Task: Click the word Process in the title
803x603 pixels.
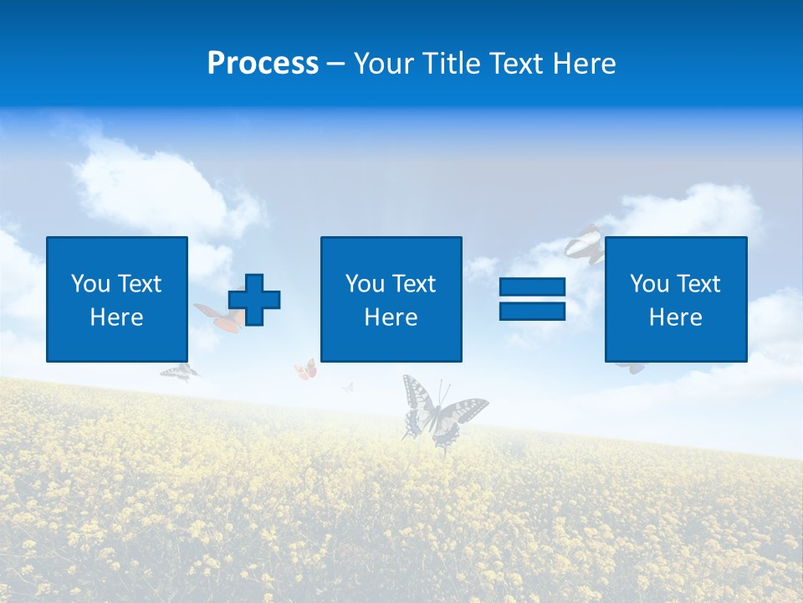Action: point(263,64)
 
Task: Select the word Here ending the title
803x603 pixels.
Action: point(584,64)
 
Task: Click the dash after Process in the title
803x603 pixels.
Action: point(335,64)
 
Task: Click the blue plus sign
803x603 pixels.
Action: point(254,299)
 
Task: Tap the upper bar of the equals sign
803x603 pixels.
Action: point(532,287)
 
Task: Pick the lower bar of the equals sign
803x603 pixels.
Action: point(532,311)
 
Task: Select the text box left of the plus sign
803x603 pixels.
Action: point(117,299)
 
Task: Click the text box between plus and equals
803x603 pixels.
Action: point(391,299)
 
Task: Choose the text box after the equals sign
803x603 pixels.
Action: point(675,299)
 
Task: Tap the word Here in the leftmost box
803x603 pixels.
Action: point(116,317)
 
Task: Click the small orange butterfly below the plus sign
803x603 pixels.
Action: point(306,369)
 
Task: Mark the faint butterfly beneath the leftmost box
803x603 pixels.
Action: point(179,372)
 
